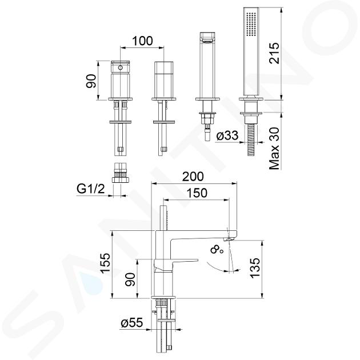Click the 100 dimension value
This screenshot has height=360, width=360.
(142, 41)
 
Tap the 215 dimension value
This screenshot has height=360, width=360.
(274, 53)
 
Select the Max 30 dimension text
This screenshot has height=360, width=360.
(274, 149)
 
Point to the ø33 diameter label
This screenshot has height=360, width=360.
(227, 135)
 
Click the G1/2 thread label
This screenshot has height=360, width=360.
(91, 189)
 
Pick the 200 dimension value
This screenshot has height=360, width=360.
(193, 177)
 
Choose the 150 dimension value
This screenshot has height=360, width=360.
(197, 193)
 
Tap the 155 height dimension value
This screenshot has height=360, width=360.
(105, 263)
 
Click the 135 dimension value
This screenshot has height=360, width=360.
(255, 268)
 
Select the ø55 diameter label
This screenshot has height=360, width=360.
(132, 323)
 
